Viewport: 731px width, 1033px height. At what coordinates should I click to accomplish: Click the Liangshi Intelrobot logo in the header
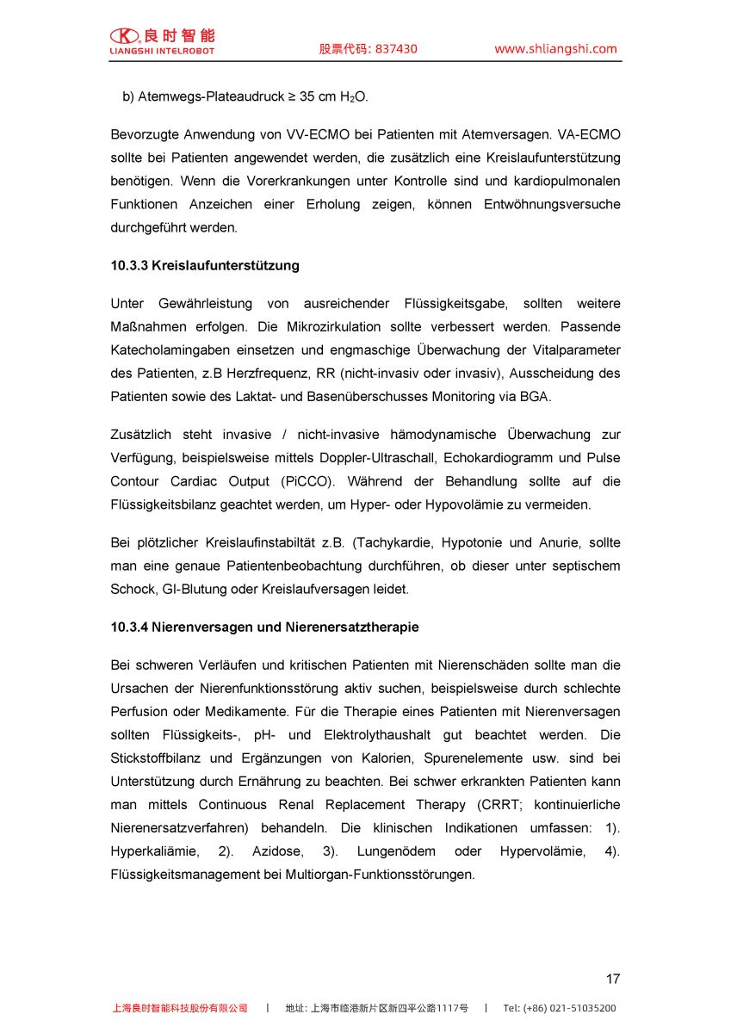point(162,40)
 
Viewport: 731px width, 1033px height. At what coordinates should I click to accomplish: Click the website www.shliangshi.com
point(555,49)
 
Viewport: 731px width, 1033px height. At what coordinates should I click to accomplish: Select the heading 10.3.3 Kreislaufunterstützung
point(205,265)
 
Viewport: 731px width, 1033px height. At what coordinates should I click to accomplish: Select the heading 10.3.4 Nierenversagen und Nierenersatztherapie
point(264,627)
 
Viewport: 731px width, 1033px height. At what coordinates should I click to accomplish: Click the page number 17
point(612,979)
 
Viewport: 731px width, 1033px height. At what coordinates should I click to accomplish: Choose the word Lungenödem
point(397,851)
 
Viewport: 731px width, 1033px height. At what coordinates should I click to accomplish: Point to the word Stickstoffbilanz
point(159,758)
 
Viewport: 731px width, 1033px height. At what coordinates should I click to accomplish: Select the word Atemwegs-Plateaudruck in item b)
point(211,97)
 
